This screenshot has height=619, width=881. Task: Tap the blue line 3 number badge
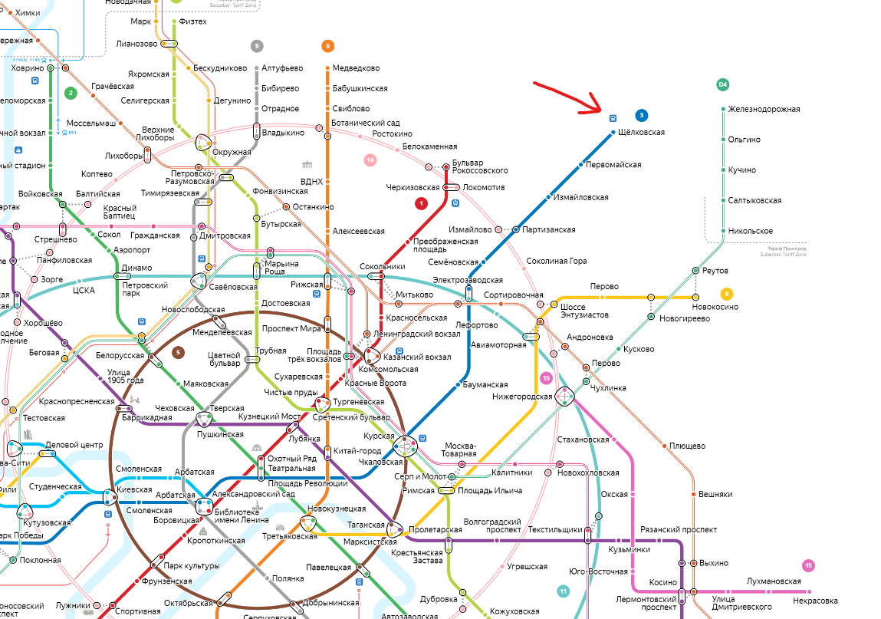click(x=641, y=116)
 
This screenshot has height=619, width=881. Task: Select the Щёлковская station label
click(x=642, y=133)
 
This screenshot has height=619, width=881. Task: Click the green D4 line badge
click(x=722, y=84)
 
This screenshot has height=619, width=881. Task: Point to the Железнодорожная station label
click(x=764, y=109)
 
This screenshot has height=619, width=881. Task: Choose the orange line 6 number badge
click(x=328, y=46)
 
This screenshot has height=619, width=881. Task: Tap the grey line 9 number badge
click(x=257, y=46)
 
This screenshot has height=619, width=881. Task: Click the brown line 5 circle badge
click(x=179, y=353)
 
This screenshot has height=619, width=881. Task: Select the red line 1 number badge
click(x=420, y=203)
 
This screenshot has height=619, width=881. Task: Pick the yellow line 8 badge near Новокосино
click(x=727, y=293)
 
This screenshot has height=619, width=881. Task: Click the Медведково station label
click(x=356, y=68)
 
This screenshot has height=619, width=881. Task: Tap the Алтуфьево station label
click(x=282, y=68)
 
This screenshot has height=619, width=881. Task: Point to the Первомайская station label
click(x=613, y=165)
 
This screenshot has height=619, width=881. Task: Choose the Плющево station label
click(x=687, y=446)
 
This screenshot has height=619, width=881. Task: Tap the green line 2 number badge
click(x=71, y=94)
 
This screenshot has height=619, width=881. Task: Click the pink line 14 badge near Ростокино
click(x=370, y=160)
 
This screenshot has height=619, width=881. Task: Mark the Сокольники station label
click(x=383, y=267)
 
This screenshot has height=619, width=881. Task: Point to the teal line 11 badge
click(x=564, y=591)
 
